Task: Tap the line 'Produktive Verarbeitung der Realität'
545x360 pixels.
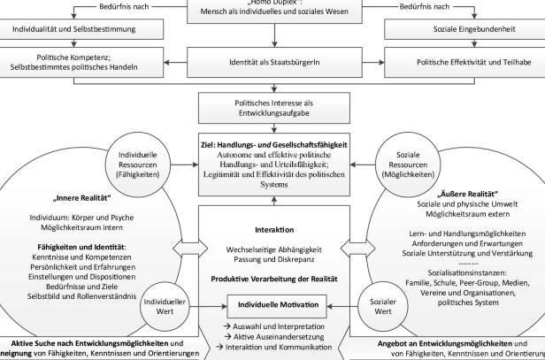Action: (272, 280)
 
